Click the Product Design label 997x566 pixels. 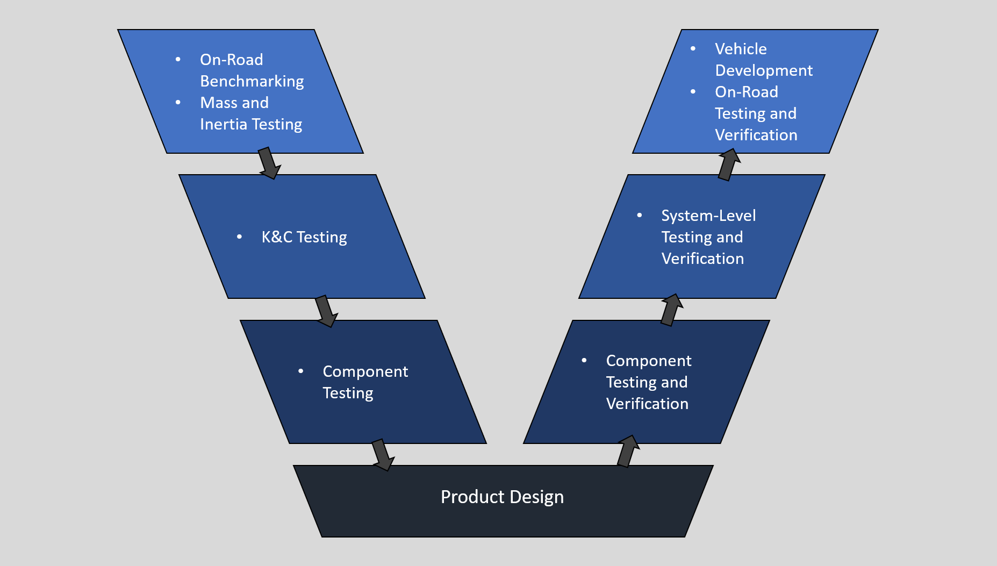[x=502, y=497]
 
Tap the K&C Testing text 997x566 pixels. [x=304, y=237]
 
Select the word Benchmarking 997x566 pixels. [x=252, y=81]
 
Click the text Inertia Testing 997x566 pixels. [x=251, y=124]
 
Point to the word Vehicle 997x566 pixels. [x=741, y=49]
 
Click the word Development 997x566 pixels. [x=764, y=70]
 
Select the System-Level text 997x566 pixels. [x=708, y=216]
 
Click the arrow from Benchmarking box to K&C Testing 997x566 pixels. [x=268, y=163]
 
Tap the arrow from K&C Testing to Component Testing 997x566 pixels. [x=326, y=311]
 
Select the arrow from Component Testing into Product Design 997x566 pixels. [x=383, y=455]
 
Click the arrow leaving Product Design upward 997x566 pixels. [x=627, y=452]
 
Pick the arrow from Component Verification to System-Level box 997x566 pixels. [x=671, y=310]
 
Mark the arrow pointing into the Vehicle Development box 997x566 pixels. [x=729, y=164]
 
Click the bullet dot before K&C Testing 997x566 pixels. [x=239, y=237]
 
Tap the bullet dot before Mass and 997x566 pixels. [x=178, y=102]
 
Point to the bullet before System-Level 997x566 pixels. [x=639, y=215]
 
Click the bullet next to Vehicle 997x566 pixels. [x=693, y=48]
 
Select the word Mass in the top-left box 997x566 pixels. [x=219, y=103]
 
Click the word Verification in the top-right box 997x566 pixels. [x=756, y=135]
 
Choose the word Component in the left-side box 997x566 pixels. [x=365, y=371]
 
